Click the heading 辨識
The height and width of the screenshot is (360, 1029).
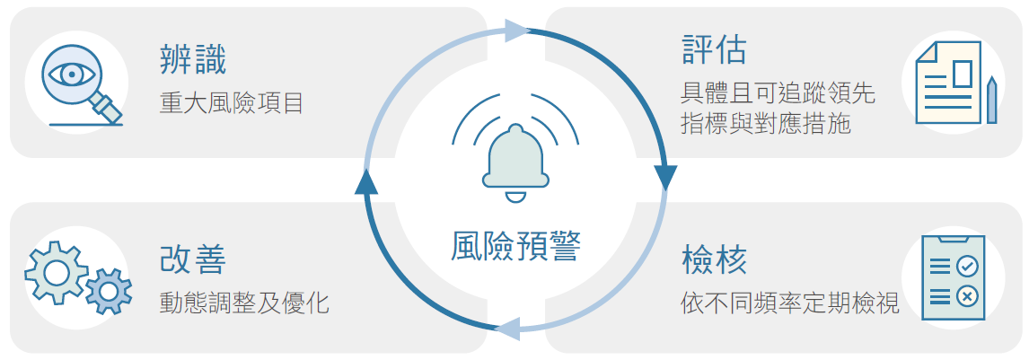[x=193, y=61]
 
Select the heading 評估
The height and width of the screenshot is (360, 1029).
[x=714, y=50]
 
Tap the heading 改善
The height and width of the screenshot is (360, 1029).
[x=193, y=259]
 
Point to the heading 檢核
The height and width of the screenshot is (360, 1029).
[x=714, y=259]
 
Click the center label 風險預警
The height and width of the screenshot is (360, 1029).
[x=515, y=247]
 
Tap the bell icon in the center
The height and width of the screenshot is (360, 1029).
[x=515, y=161]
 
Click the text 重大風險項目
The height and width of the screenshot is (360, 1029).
[x=232, y=103]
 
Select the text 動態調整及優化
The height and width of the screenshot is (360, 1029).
[x=244, y=303]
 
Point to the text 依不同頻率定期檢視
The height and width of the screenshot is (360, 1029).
[x=790, y=303]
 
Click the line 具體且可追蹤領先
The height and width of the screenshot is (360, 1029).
[x=778, y=93]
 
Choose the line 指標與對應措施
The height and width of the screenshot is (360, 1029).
[x=766, y=123]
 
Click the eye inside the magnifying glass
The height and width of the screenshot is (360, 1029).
[x=72, y=74]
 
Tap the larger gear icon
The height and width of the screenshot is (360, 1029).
[x=56, y=272]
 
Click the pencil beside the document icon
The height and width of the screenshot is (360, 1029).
[x=991, y=100]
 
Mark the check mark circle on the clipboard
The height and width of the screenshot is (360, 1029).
[x=966, y=267]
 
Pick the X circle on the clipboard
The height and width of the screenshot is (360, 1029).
[x=966, y=297]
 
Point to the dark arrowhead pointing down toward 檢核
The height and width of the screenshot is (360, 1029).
[x=666, y=179]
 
